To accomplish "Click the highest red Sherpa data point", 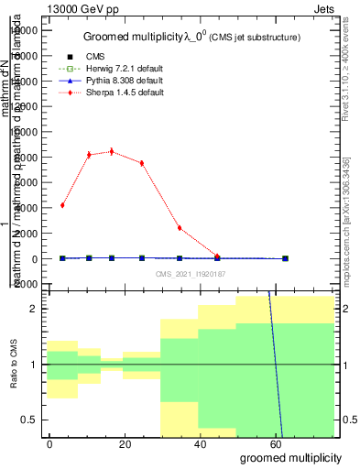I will tap(112, 151).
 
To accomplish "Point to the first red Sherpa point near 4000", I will tap(62, 205).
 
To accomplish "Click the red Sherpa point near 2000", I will tap(180, 227).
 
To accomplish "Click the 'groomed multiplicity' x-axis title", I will tap(290, 456).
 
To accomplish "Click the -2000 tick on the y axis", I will tap(26, 284).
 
